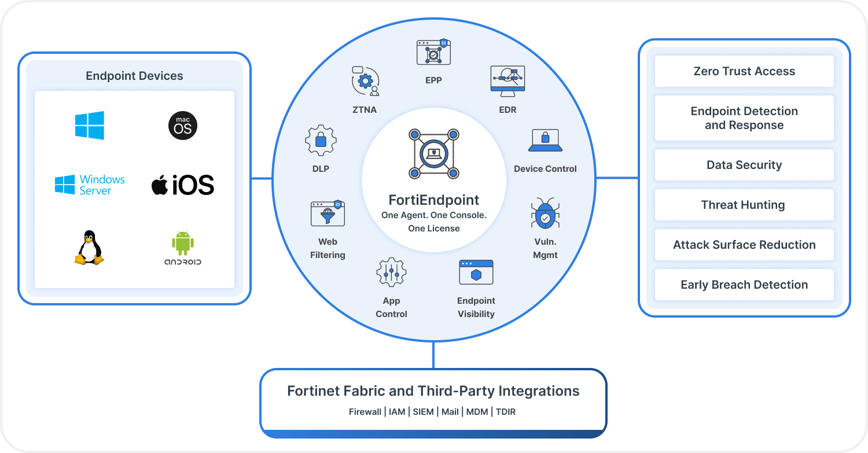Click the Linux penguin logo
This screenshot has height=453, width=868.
click(89, 248)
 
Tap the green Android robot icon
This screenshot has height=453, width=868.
click(182, 244)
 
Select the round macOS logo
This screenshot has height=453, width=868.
click(182, 126)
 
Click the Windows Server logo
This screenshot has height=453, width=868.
click(90, 185)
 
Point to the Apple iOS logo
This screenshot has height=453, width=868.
click(183, 185)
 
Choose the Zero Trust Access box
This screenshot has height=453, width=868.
click(744, 71)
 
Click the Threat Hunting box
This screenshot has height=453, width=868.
click(744, 205)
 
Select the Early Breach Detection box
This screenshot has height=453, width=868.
click(744, 285)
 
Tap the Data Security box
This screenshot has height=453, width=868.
click(744, 165)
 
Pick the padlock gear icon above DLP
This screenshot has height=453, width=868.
click(321, 139)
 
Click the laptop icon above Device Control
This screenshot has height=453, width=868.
click(545, 140)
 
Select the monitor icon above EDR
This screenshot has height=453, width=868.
click(507, 79)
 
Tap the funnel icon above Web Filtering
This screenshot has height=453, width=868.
click(328, 213)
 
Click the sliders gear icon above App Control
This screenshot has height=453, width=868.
click(391, 272)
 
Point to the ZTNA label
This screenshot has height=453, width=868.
click(365, 109)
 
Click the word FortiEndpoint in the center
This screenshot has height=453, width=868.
click(434, 200)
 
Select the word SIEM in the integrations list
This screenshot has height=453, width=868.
click(423, 412)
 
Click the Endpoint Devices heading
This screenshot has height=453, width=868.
click(134, 76)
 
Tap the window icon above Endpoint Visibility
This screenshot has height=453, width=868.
click(476, 272)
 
